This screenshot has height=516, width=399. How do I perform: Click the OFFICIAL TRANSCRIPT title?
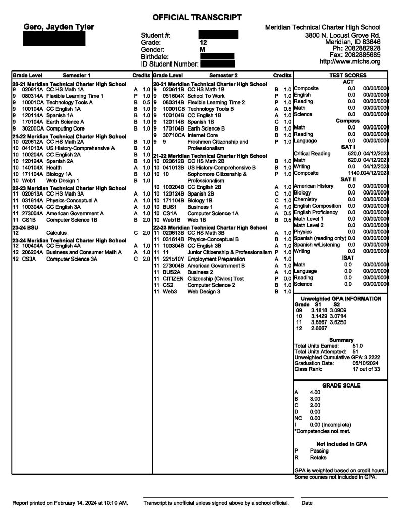click(x=197, y=17)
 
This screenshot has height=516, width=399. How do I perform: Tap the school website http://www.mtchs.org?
click(x=350, y=61)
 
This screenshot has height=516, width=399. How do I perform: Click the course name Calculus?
click(x=58, y=233)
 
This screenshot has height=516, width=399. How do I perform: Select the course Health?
click(x=54, y=167)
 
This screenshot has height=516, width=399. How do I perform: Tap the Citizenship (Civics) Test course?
click(x=215, y=278)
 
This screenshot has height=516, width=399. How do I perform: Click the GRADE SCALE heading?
click(x=341, y=385)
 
